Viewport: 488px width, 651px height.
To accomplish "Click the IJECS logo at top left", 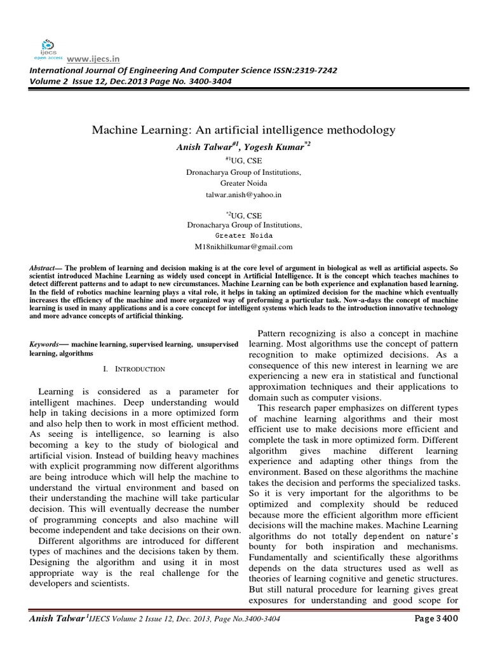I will pyautogui.click(x=46, y=46).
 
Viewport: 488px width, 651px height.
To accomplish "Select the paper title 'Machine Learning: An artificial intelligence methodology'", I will pyautogui.click(x=244, y=130).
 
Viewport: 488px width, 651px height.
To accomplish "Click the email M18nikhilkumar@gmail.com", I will pyautogui.click(x=244, y=247).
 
